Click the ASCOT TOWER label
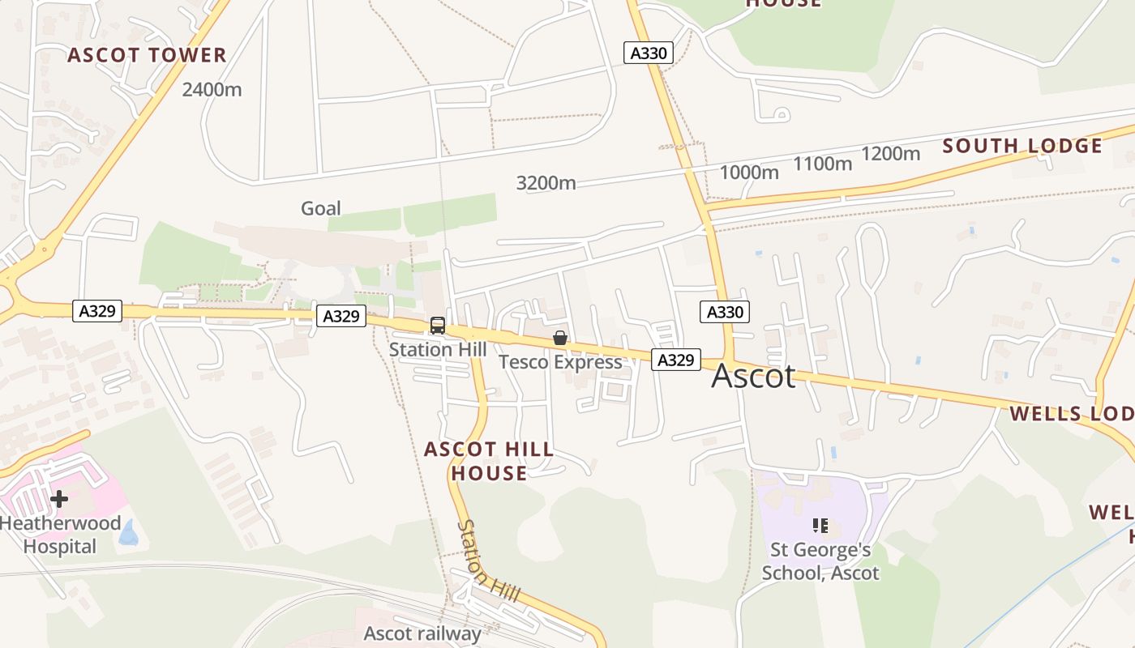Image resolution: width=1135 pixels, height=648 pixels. [147, 55]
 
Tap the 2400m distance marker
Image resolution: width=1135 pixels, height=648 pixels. [212, 89]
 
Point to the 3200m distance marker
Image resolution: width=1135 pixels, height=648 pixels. [546, 183]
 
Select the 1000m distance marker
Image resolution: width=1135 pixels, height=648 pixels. [749, 173]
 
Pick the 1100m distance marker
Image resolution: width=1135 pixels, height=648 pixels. [823, 164]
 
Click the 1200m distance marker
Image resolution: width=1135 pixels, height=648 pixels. [891, 154]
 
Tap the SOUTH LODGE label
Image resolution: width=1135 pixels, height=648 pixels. [1022, 146]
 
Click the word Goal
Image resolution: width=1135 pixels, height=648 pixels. [321, 208]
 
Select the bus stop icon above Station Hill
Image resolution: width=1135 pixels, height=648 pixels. [438, 326]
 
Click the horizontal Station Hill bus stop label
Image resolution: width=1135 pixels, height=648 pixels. [438, 350]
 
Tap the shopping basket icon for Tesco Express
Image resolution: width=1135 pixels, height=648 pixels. [560, 338]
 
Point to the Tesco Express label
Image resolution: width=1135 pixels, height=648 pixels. [560, 362]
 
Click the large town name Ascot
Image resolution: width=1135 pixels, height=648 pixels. [753, 376]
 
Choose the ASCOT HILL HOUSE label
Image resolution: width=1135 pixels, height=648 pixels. [489, 461]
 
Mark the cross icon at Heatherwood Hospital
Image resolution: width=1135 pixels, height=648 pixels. [59, 499]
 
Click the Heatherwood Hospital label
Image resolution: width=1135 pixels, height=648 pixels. [60, 535]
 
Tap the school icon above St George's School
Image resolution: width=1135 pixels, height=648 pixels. [820, 526]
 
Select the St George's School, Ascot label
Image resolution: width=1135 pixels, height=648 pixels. [820, 561]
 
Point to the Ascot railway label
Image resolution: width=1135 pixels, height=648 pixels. [422, 633]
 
